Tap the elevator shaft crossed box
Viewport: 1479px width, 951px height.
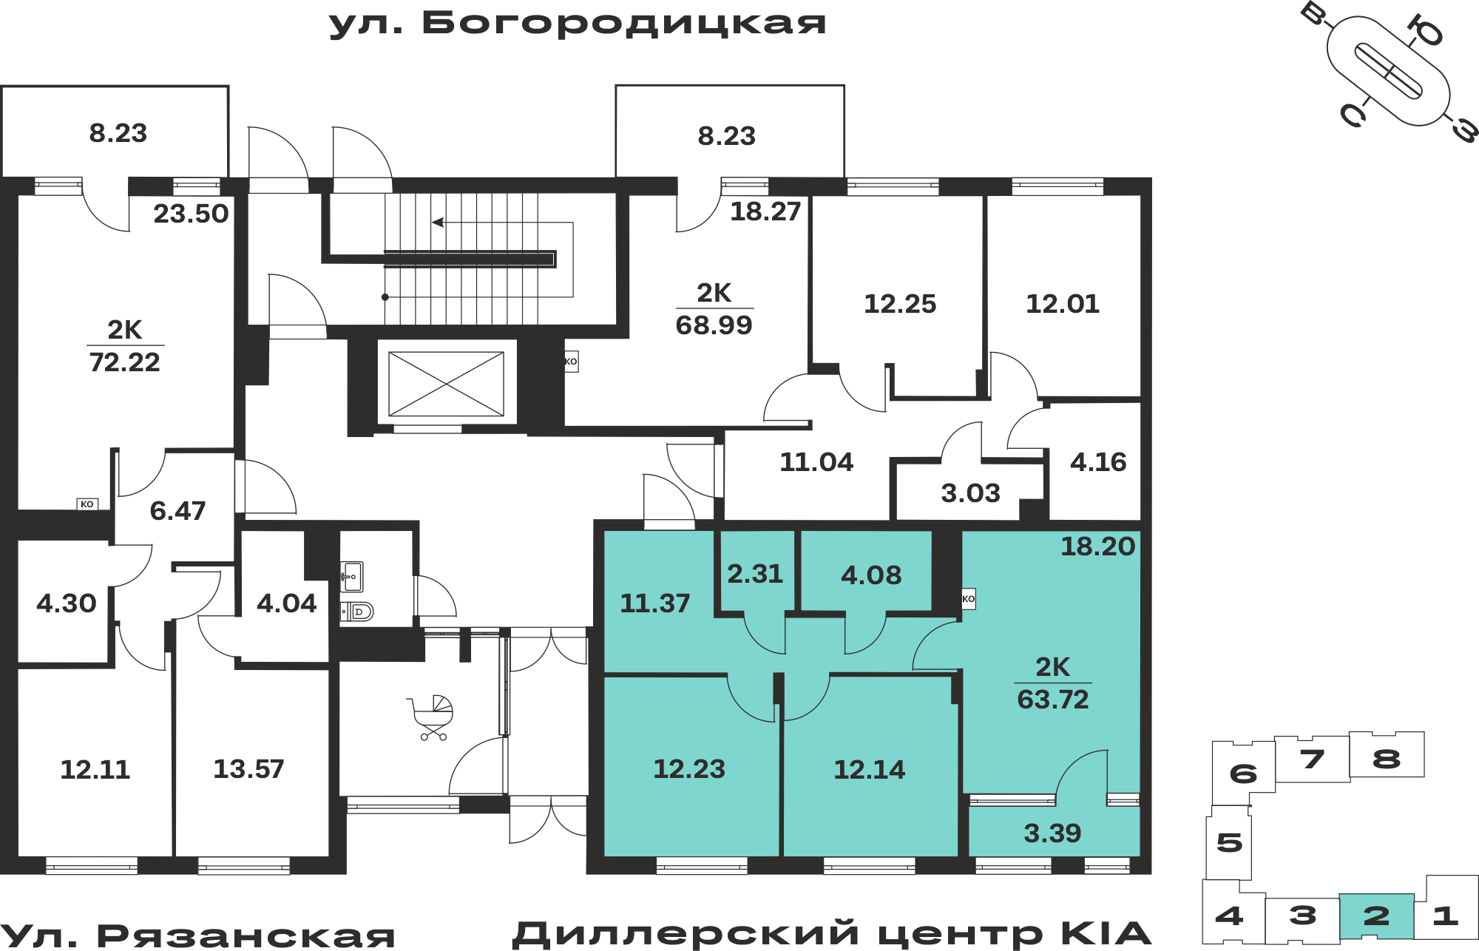pyautogui.click(x=446, y=384)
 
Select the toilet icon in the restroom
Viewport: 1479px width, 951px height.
pyautogui.click(x=357, y=612)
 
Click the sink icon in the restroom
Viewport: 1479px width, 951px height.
pyautogui.click(x=351, y=577)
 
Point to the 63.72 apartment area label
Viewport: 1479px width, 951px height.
pyautogui.click(x=1053, y=699)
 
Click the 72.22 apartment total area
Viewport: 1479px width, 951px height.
pyautogui.click(x=124, y=362)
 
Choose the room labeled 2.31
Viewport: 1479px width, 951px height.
pyautogui.click(x=755, y=574)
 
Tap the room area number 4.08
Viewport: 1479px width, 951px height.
pyautogui.click(x=871, y=575)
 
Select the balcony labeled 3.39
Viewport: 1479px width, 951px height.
pyautogui.click(x=1052, y=833)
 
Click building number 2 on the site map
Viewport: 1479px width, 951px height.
pyautogui.click(x=1376, y=916)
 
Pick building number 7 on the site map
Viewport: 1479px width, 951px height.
pyautogui.click(x=1313, y=759)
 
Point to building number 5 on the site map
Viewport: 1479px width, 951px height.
pyautogui.click(x=1229, y=842)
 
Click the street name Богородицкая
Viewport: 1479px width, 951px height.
pyautogui.click(x=624, y=24)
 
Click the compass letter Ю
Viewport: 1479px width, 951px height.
pyautogui.click(x=1424, y=30)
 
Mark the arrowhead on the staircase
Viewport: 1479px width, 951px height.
pyautogui.click(x=438, y=223)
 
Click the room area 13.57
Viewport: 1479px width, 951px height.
pyautogui.click(x=248, y=769)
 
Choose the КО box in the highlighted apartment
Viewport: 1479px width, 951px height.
pyautogui.click(x=968, y=599)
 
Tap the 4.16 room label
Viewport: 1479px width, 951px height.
pyautogui.click(x=1098, y=462)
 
